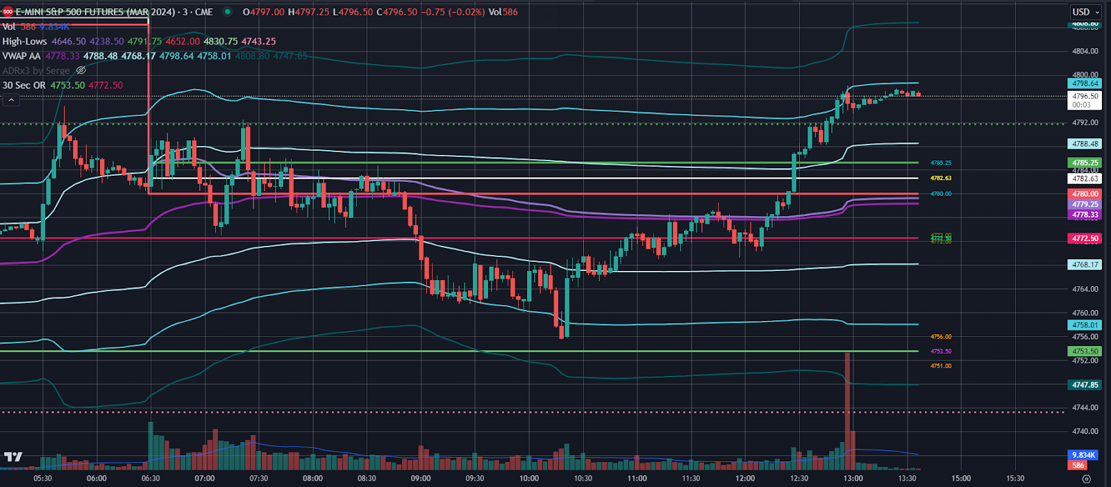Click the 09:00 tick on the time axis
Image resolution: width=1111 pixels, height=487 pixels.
click(x=420, y=478)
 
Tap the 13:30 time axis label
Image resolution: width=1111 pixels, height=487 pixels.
click(x=907, y=478)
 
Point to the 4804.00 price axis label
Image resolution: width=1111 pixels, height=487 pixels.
click(x=1085, y=51)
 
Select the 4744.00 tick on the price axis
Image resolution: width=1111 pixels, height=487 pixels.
click(x=1085, y=407)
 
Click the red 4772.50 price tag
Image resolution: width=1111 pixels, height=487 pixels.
click(x=1085, y=238)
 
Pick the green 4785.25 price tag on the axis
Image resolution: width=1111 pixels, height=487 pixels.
click(x=1085, y=163)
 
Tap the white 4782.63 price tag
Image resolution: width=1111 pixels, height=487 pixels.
click(x=1085, y=179)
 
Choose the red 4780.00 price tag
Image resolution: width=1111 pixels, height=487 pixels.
click(x=1085, y=194)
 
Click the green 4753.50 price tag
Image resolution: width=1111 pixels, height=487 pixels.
click(x=1085, y=352)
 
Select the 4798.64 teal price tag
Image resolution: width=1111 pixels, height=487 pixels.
click(x=1085, y=83)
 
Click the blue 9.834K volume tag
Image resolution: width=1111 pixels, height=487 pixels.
click(x=1083, y=455)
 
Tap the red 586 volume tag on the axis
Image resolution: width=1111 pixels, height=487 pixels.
click(x=1078, y=465)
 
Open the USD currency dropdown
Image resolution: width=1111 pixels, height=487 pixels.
click(x=1085, y=12)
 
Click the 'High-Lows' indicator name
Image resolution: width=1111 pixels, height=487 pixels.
click(x=24, y=41)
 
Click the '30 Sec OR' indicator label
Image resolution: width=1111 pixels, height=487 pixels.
click(x=24, y=85)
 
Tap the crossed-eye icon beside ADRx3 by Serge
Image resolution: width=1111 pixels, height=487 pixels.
click(x=81, y=70)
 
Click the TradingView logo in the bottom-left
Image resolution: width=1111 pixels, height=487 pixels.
click(x=12, y=456)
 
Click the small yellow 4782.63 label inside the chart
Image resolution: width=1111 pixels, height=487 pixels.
click(x=941, y=179)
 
